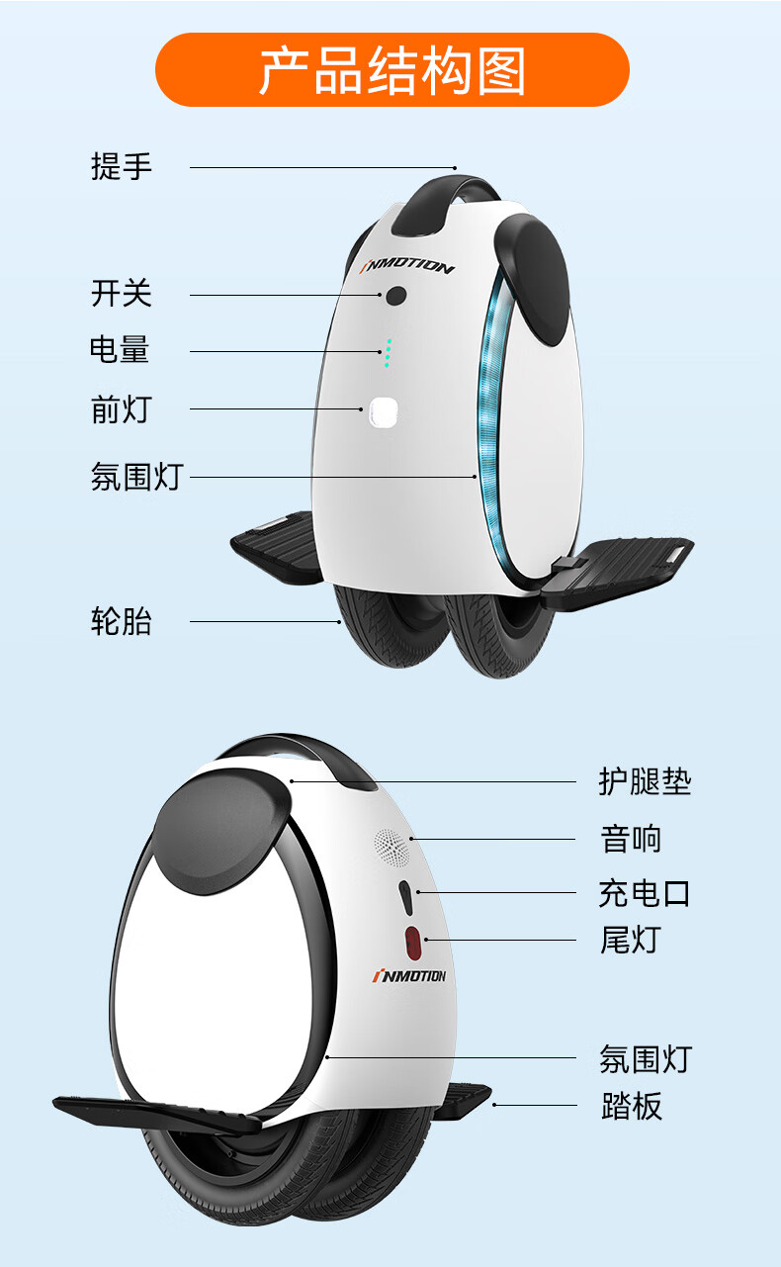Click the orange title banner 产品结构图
[x=391, y=69]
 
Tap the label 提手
[x=122, y=166]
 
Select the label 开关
[x=122, y=294]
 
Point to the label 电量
[x=120, y=350]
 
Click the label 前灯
[x=122, y=408]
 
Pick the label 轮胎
[x=122, y=622]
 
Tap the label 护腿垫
[x=645, y=781]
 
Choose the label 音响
[x=631, y=839]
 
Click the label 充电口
[x=645, y=893]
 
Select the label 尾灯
[x=631, y=939]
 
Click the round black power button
[x=396, y=295]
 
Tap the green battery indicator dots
[x=388, y=352]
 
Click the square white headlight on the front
[x=382, y=412]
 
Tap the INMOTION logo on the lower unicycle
[x=408, y=976]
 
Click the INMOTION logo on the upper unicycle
[x=405, y=267]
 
